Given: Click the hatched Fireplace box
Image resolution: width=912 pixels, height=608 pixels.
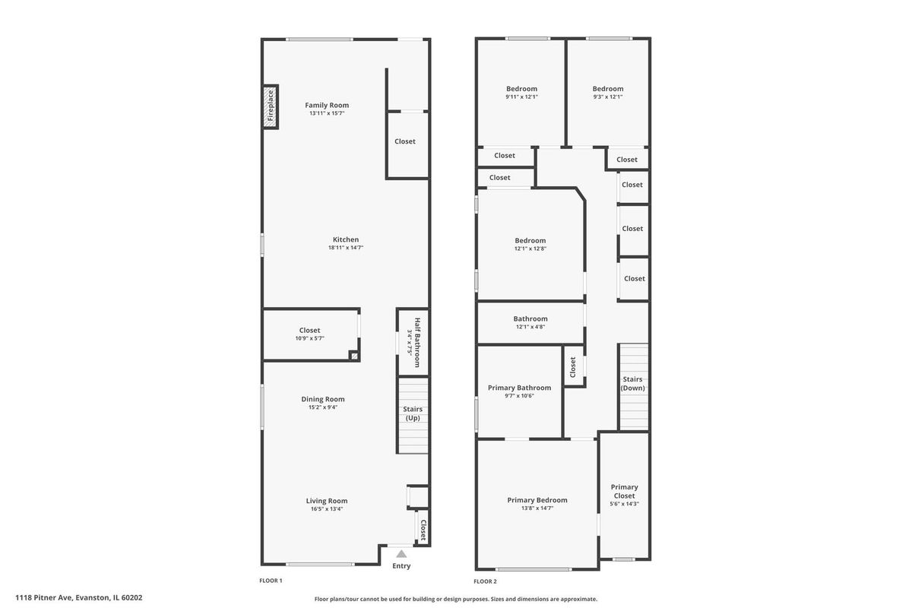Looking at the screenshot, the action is click(271, 106).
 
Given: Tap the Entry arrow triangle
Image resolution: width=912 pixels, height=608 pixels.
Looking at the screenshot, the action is click(401, 554).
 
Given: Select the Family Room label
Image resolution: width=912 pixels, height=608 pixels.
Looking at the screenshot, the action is click(327, 105).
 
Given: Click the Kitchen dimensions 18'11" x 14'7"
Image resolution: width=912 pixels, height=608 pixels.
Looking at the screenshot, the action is click(346, 248).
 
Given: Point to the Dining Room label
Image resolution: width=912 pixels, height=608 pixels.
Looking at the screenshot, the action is click(323, 399).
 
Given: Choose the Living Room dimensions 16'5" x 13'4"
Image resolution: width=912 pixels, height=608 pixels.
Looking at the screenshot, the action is click(327, 509).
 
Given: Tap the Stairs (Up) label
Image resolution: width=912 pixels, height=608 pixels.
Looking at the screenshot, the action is click(413, 413).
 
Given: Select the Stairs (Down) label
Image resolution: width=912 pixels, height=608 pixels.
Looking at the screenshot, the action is click(632, 384).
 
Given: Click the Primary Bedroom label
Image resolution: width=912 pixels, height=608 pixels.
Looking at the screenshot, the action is click(537, 500).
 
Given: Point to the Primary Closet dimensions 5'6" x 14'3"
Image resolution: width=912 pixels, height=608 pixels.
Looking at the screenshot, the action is click(624, 504).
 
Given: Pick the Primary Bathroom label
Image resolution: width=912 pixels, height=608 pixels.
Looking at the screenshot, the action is click(520, 388).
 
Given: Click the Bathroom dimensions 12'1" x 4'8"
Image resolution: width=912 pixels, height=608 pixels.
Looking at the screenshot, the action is click(530, 327).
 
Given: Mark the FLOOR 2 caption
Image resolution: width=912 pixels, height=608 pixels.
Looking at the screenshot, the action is click(485, 581).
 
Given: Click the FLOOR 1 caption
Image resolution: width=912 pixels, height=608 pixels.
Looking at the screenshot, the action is click(271, 581).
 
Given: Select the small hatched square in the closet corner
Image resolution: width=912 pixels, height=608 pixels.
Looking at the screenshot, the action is click(354, 356).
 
